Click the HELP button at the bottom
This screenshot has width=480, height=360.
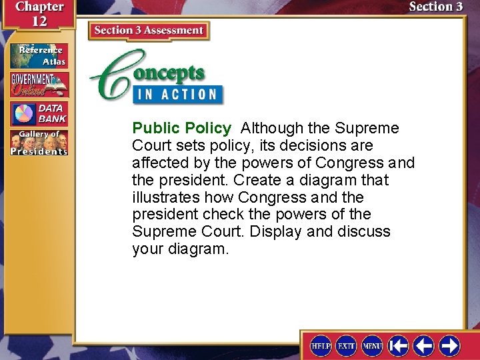tap(321, 345)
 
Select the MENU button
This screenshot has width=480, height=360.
tap(372, 345)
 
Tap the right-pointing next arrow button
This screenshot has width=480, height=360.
tap(449, 345)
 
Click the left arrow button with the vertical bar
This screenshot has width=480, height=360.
tap(398, 345)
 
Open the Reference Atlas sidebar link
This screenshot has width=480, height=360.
tap(39, 56)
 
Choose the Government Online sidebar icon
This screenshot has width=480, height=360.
tap(39, 85)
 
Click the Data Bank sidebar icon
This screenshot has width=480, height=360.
tap(39, 114)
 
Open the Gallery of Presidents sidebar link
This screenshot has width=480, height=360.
tap(39, 143)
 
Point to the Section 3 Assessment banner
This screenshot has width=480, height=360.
tap(149, 31)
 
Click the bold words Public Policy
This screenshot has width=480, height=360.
tap(181, 128)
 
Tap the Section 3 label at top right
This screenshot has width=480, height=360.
tap(435, 7)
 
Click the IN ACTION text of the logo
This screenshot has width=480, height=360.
tap(178, 94)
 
